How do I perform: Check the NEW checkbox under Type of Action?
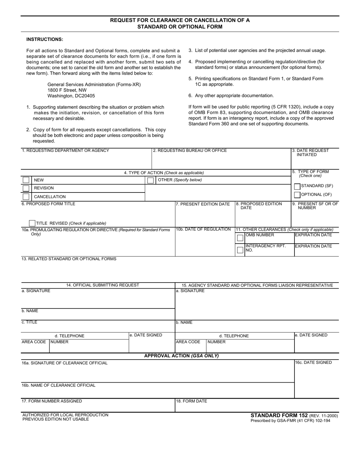click(26, 180)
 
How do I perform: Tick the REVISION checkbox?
click(26, 188)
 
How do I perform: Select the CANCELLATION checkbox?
click(26, 197)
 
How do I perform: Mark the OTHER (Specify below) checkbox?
click(150, 180)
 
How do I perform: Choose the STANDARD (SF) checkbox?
click(297, 186)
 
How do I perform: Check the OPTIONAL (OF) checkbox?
click(297, 195)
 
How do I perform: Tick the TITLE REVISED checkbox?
click(33, 223)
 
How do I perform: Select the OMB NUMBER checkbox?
click(240, 238)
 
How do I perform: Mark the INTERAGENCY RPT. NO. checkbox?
click(240, 250)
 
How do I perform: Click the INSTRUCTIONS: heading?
click(45, 39)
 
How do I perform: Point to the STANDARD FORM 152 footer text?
click(279, 415)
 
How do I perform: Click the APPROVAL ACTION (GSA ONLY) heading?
click(182, 356)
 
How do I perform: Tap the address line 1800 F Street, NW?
click(67, 90)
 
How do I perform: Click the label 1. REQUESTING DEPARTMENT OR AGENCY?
click(66, 150)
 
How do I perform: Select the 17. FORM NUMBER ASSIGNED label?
click(52, 401)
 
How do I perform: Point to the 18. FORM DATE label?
click(191, 401)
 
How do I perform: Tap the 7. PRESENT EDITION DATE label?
click(203, 204)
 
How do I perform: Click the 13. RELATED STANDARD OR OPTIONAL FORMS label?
click(69, 259)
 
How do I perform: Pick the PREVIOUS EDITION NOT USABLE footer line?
click(56, 419)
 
